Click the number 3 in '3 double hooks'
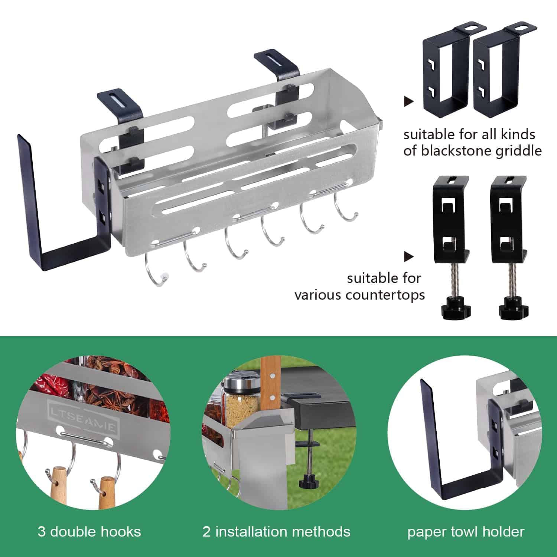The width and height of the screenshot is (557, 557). [x=41, y=532]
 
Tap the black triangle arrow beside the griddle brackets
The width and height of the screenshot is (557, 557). [x=408, y=101]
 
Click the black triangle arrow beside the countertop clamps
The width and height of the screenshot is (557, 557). [x=408, y=256]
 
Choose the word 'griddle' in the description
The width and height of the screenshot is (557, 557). [x=522, y=151]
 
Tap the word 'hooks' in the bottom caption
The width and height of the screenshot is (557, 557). [x=123, y=532]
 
